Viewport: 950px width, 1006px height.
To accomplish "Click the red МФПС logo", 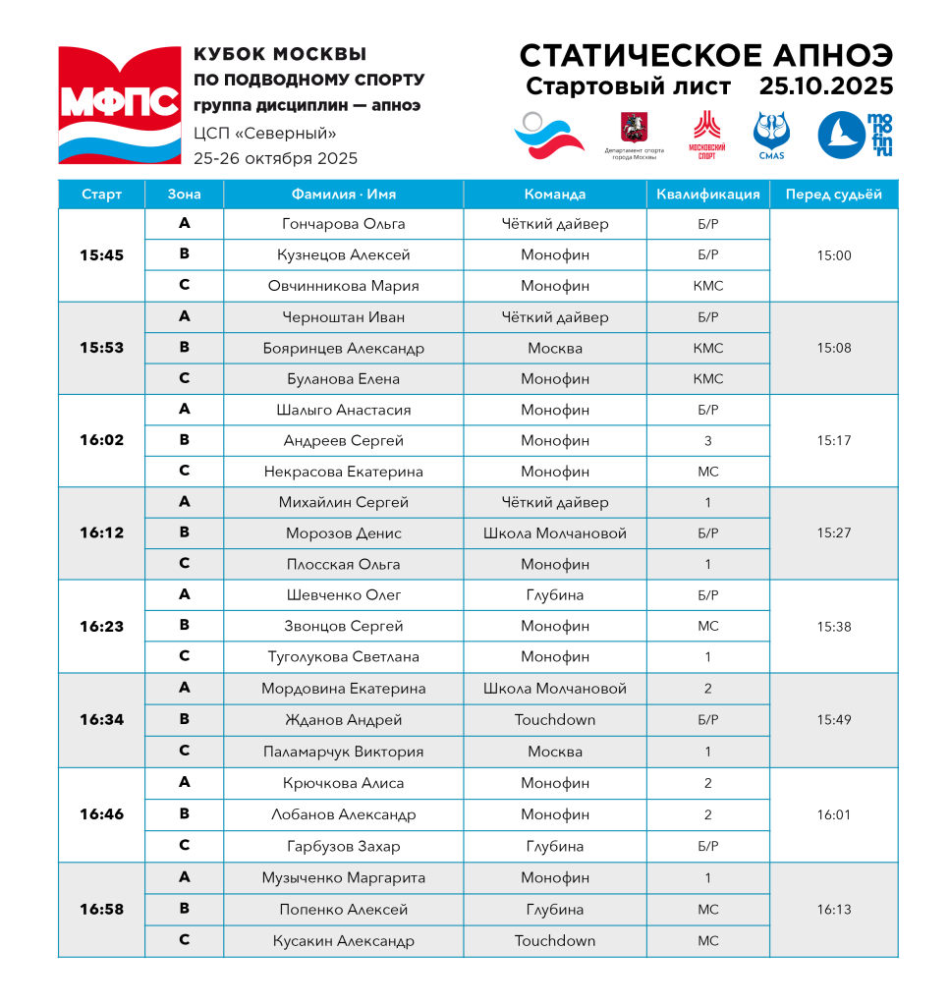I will [x=120, y=104].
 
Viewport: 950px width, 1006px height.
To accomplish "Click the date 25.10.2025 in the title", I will [x=825, y=86].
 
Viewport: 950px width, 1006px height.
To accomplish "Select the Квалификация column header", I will [x=707, y=195].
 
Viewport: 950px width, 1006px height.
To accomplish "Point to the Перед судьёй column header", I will [x=833, y=195].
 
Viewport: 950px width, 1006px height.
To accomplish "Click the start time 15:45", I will [x=101, y=255].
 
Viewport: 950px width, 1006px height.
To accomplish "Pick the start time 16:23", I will [x=101, y=627].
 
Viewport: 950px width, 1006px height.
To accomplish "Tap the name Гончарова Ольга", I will [x=343, y=224].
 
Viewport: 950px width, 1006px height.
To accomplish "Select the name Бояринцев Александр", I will [x=343, y=349].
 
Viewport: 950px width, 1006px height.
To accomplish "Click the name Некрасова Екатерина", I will [x=343, y=472].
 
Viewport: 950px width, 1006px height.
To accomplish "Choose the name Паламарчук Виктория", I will [x=343, y=753].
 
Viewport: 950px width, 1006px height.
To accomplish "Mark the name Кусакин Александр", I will [x=343, y=941].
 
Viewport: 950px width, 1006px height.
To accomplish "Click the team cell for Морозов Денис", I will [x=554, y=533].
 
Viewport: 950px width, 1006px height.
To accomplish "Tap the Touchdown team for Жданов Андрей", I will [x=554, y=720].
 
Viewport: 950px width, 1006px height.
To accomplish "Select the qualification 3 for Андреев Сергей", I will [x=707, y=441].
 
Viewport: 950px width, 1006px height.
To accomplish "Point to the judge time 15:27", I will [x=833, y=533].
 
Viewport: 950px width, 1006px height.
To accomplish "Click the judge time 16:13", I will [x=833, y=910].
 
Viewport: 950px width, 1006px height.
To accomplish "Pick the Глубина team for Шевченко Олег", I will [x=554, y=595].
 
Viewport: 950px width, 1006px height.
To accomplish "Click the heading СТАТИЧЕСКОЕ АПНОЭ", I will [x=705, y=54].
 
